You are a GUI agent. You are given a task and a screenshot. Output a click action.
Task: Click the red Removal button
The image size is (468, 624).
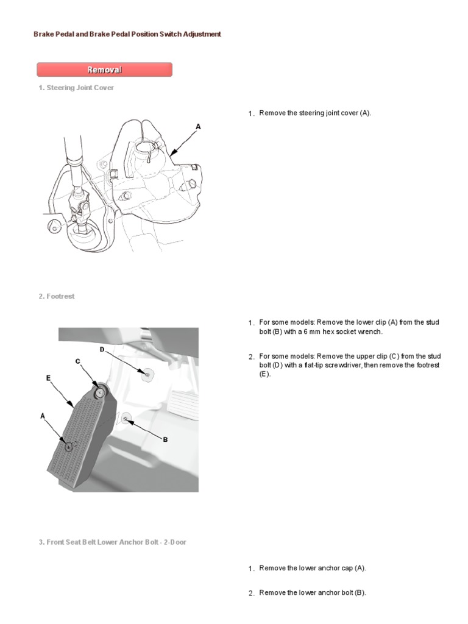pyautogui.click(x=104, y=69)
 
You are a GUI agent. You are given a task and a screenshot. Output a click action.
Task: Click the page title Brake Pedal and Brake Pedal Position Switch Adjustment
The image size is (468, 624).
pyautogui.click(x=127, y=35)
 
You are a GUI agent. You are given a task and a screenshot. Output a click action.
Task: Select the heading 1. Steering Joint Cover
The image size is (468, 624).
pyautogui.click(x=76, y=88)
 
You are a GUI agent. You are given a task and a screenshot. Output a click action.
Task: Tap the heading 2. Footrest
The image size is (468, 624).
pyautogui.click(x=56, y=296)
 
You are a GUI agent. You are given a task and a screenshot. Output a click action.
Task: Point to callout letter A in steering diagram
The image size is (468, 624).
pyautogui.click(x=198, y=127)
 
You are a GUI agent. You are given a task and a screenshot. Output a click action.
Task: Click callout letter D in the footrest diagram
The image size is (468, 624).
pyautogui.click(x=102, y=349)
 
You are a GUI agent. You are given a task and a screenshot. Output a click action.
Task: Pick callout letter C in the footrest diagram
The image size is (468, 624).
pyautogui.click(x=77, y=361)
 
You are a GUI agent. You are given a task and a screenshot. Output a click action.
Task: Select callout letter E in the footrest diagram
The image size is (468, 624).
pyautogui.click(x=48, y=378)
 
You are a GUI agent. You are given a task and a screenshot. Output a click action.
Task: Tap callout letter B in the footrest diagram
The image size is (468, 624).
pyautogui.click(x=165, y=439)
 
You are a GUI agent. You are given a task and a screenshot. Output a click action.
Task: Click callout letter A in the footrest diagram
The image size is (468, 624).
pyautogui.click(x=43, y=416)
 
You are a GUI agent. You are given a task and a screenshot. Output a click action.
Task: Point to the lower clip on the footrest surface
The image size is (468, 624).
pyautogui.click(x=68, y=446)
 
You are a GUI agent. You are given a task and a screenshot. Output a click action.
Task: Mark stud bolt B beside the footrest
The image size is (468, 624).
pyautogui.click(x=125, y=418)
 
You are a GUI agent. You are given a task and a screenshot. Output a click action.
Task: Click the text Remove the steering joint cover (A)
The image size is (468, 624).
pyautogui.click(x=314, y=113)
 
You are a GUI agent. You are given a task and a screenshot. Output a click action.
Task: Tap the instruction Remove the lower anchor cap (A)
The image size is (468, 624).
pyautogui.click(x=312, y=568)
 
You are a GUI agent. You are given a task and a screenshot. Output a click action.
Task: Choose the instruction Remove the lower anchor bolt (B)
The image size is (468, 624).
pyautogui.click(x=312, y=592)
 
